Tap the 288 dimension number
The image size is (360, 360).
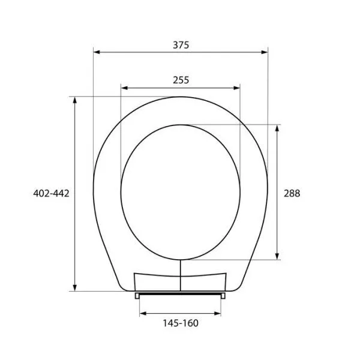pos(291,193)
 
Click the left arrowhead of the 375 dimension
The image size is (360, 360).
pos(96,53)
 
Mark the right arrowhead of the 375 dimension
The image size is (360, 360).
pos(265,53)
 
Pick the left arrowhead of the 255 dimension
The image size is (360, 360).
pos(124,88)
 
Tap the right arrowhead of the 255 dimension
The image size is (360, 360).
pos(237,88)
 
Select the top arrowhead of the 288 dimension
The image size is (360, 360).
pos(277,128)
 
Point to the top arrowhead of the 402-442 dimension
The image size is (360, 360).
pos(75,100)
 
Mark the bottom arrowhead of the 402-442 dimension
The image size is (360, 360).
pos(75,287)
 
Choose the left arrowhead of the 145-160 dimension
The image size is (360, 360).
pos(142,313)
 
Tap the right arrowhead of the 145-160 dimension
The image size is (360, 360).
pos(218,313)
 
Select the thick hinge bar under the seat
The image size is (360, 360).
pos(181,295)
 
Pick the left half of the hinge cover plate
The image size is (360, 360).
pos(156,283)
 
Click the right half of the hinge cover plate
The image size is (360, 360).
pos(204,283)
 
